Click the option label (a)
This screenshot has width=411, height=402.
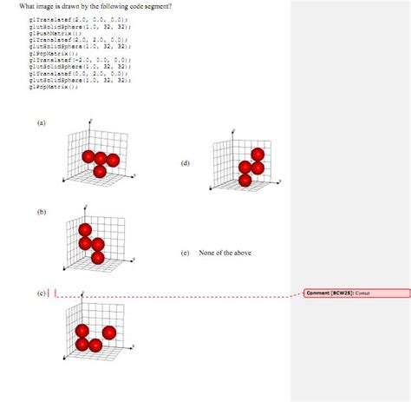coord(41,123)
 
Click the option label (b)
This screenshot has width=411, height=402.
coord(41,211)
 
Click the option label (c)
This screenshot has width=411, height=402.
coord(41,293)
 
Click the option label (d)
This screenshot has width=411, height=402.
coord(185,163)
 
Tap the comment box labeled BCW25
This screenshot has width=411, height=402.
coord(356,293)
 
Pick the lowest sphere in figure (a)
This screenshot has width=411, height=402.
coord(101,171)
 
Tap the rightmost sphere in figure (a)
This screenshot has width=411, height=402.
coord(114,160)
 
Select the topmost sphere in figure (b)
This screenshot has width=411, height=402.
coord(85,230)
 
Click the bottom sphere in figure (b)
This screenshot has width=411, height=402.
coord(97,257)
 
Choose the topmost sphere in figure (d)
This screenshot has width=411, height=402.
coord(257,155)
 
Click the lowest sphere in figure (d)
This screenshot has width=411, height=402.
coord(245,180)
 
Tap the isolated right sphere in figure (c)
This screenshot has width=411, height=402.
coord(110,332)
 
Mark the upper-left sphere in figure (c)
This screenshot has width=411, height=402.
coord(82,331)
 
